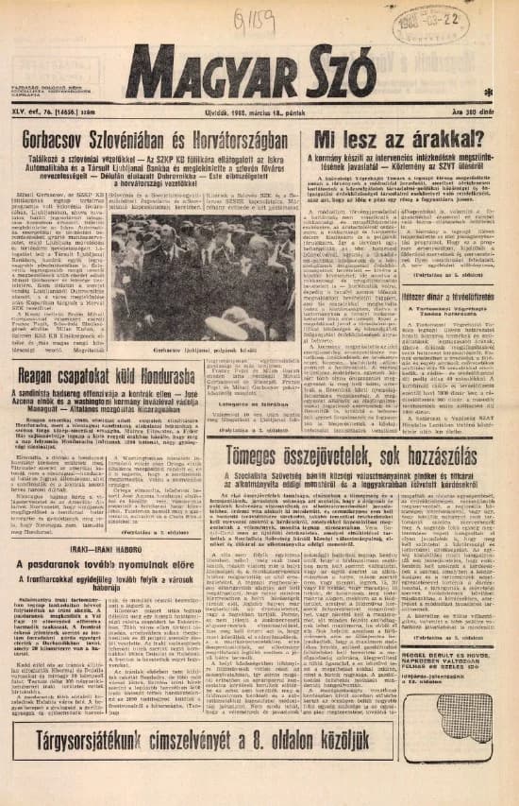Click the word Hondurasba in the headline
[x=194, y=371]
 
